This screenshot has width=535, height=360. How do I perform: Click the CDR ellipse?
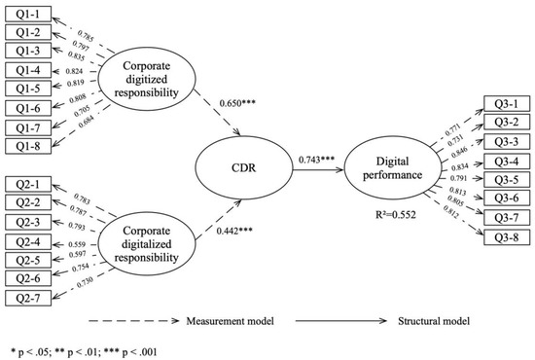point(242,169)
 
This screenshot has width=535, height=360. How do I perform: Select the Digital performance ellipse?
point(401,169)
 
